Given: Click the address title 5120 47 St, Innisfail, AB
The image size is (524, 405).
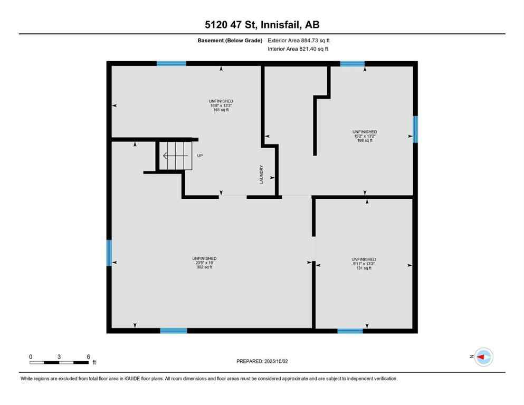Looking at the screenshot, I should (x=262, y=25).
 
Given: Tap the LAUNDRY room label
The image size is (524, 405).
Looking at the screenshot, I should (x=261, y=175).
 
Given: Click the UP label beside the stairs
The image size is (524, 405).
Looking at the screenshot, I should (x=199, y=156).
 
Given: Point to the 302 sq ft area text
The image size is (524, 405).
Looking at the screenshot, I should (x=204, y=267).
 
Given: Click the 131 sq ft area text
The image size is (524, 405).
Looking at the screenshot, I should (x=364, y=268).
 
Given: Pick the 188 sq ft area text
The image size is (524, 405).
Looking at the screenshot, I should (x=365, y=140).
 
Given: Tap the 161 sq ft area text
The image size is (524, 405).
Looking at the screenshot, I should (x=221, y=110).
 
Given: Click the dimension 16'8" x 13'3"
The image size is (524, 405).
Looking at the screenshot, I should (x=221, y=105).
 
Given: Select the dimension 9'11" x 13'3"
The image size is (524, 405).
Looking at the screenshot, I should (x=364, y=264).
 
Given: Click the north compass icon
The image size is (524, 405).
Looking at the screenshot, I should (x=483, y=357).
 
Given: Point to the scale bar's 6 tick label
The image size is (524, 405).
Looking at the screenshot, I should (x=88, y=356).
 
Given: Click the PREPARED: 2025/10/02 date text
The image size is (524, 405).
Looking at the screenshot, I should (x=262, y=361).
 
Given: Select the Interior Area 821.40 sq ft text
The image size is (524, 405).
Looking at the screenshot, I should (x=299, y=49).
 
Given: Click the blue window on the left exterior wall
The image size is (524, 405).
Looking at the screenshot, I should (x=109, y=253).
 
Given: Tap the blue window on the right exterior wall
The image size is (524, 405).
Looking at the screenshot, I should (x=415, y=129).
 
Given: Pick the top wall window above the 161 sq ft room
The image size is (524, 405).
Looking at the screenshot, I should (x=172, y=64).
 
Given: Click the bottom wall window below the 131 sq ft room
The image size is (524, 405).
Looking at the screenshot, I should (x=350, y=331).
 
